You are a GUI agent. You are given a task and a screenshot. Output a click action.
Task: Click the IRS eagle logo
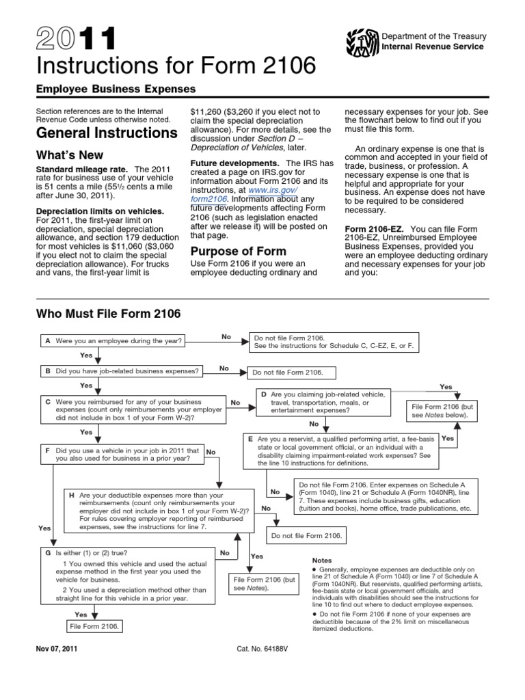tap(358, 42)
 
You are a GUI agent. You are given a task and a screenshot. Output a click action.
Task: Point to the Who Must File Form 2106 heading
tap(108, 314)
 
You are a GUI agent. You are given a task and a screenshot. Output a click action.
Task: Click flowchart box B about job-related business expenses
tap(122, 371)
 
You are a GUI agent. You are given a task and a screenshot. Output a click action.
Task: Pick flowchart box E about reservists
tap(341, 450)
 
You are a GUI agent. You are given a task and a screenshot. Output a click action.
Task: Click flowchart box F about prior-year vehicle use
tap(122, 455)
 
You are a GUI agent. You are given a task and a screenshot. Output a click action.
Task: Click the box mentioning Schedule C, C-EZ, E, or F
tap(334, 342)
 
